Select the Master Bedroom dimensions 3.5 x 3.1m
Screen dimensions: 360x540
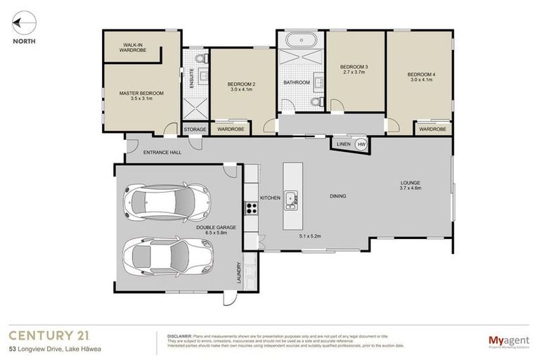pos(141,99)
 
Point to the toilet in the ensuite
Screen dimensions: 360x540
pos(199,57)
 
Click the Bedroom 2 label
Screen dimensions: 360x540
pos(242,84)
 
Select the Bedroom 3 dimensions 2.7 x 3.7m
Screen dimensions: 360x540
pos(354,72)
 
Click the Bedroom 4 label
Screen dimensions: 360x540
pos(420,75)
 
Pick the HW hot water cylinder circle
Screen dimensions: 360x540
pos(362,144)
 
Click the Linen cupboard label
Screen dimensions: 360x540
pos(344,144)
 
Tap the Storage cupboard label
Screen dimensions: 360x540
pos(195,129)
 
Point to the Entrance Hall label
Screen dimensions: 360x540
pos(162,152)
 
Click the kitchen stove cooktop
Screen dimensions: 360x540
pos(250,207)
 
